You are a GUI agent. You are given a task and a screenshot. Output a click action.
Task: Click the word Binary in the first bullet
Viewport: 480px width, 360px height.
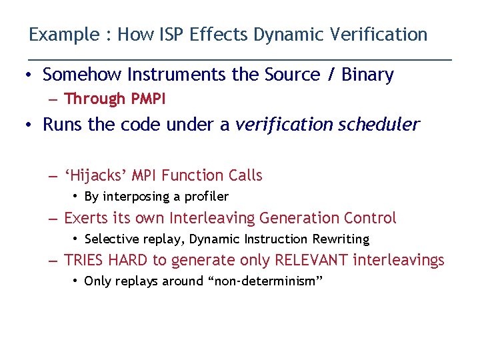click(x=367, y=75)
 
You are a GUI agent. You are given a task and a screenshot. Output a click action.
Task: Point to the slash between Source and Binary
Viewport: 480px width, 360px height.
click(x=331, y=75)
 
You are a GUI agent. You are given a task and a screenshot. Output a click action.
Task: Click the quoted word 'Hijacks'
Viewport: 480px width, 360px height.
click(x=96, y=175)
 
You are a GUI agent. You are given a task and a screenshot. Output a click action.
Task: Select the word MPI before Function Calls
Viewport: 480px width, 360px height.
click(x=145, y=175)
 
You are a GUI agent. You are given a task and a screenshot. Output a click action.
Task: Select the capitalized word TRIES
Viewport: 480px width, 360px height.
click(x=85, y=260)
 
